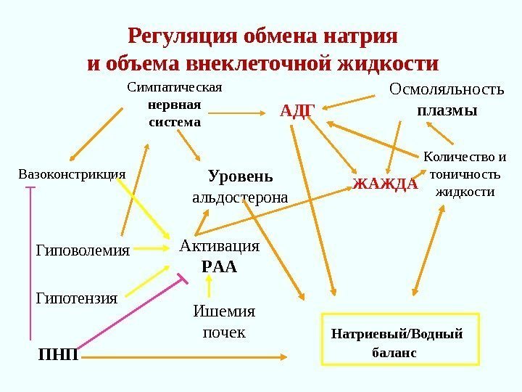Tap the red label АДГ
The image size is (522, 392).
point(297,110)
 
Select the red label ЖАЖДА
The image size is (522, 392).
point(386,183)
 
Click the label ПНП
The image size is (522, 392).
point(59,356)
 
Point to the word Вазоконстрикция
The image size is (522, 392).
point(71,174)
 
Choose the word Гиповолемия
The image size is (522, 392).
point(82,251)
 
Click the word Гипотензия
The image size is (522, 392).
point(76,298)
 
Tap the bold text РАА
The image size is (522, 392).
point(219,266)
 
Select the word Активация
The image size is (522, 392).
point(219,246)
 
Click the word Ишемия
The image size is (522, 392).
point(223,311)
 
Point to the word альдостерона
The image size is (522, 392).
point(240,197)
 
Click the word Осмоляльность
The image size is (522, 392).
point(446,89)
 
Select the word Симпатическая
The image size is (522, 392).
point(174,88)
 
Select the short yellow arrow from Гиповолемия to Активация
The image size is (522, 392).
point(152,249)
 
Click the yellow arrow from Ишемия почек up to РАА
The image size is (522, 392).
point(210,288)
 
